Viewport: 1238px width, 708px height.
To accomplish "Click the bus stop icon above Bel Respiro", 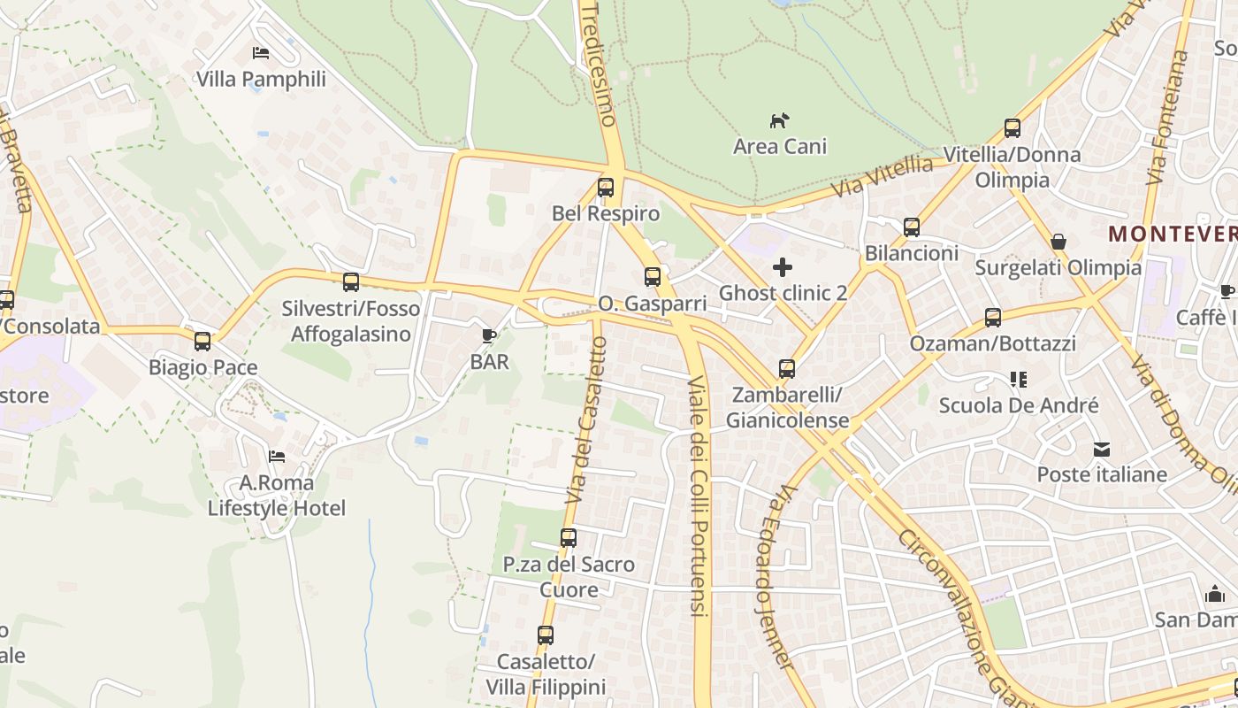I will click(606, 188).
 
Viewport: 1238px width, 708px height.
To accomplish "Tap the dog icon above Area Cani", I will click(779, 120).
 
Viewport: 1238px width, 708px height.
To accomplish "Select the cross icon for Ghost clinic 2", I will click(783, 266).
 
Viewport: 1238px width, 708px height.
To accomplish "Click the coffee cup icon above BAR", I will click(489, 335).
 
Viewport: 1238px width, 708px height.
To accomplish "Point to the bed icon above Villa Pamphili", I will click(261, 53).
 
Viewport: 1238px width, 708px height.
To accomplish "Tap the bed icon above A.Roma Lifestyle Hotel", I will click(277, 457).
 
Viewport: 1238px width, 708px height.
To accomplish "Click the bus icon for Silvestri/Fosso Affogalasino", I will click(351, 282).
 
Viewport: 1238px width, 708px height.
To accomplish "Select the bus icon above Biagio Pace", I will click(203, 342).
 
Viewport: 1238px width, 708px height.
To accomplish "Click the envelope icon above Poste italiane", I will click(1102, 449).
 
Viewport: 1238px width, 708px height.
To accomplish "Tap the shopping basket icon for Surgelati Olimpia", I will click(1058, 242).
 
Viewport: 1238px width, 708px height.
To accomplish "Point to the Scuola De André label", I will click(1019, 405).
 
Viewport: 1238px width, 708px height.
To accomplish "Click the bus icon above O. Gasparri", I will click(653, 277).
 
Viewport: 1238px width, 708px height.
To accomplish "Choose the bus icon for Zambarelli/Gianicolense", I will click(787, 369).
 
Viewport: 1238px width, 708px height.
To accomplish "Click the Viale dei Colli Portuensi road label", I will click(699, 496).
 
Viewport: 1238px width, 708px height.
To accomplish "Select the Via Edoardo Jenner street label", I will click(772, 575).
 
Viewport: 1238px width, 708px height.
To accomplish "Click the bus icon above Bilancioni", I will click(912, 227).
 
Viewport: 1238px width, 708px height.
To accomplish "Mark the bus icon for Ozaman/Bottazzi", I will click(993, 318).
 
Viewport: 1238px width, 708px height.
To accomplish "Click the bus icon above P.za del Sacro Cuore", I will click(569, 538).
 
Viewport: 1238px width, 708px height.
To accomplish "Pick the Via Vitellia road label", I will click(882, 177).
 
